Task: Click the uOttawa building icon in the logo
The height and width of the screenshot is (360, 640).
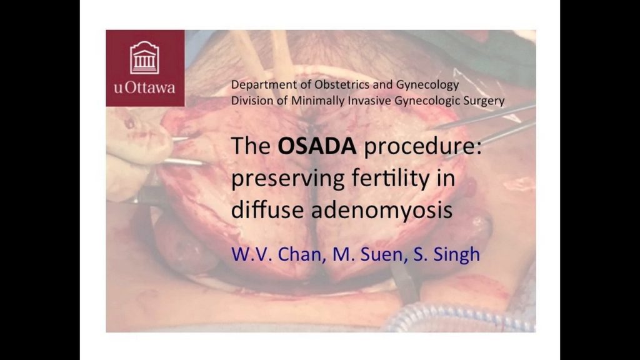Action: coord(144,57)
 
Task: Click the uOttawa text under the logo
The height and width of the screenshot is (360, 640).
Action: coord(144,87)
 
